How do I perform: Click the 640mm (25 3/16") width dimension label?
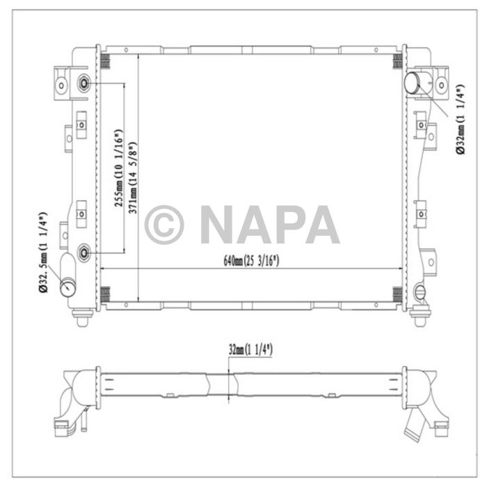(x=251, y=262)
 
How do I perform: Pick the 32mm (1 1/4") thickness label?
(x=249, y=349)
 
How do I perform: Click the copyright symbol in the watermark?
(x=164, y=224)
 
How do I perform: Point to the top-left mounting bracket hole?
(x=61, y=86)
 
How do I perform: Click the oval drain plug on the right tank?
(x=419, y=292)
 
